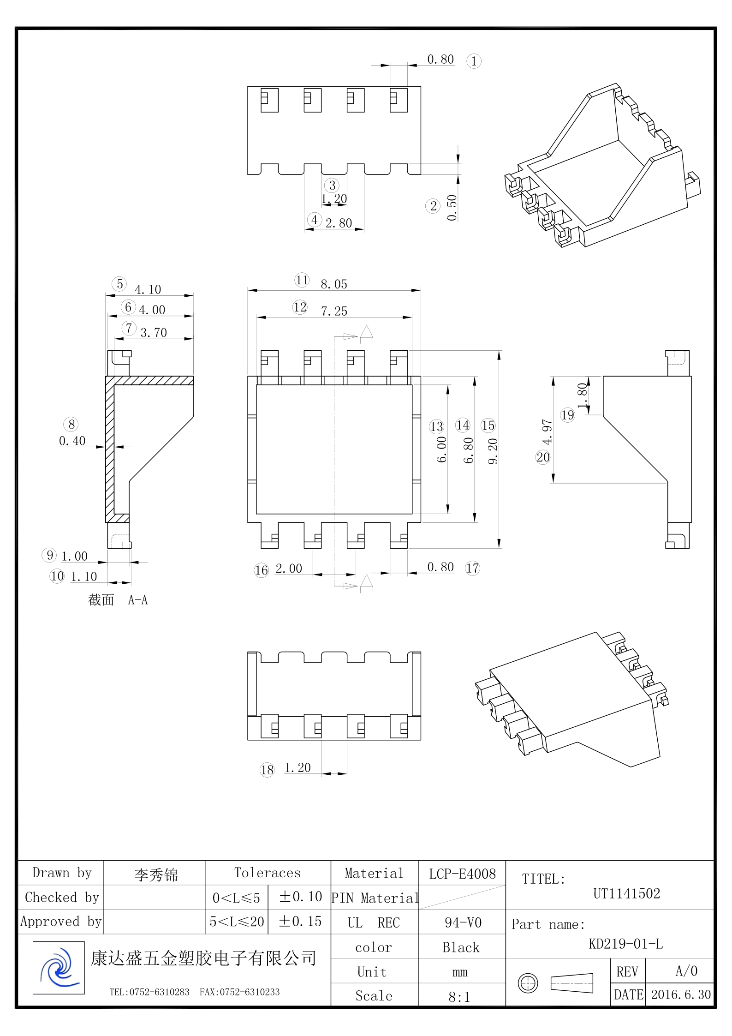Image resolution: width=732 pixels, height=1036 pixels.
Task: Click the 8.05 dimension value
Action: click(334, 284)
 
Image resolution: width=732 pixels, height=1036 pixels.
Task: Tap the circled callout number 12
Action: click(300, 307)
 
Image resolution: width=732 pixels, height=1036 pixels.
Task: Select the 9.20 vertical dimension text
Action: click(493, 451)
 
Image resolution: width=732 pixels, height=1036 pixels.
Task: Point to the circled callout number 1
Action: click(474, 61)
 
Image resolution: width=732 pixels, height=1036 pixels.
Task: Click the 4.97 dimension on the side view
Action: click(547, 432)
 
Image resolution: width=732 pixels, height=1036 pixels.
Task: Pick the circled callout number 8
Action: click(71, 425)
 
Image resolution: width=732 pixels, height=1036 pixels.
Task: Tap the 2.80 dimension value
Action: click(339, 223)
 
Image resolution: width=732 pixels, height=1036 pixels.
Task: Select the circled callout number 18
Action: click(267, 770)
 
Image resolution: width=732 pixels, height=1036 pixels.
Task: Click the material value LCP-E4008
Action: click(462, 874)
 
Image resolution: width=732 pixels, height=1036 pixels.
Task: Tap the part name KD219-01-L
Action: click(625, 944)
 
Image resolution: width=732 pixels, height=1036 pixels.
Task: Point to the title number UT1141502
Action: click(626, 894)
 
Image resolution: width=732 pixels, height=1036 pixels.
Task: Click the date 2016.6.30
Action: click(681, 994)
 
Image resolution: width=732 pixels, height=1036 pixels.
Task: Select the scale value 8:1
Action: click(459, 997)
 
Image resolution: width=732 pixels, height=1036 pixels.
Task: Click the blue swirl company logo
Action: click(59, 967)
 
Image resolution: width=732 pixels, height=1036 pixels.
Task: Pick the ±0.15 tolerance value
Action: click(300, 922)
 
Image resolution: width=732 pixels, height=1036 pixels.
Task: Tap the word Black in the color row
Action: click(461, 948)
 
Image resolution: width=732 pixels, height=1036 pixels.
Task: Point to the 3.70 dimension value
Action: click(154, 333)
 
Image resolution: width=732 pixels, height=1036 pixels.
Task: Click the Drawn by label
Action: click(62, 873)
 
